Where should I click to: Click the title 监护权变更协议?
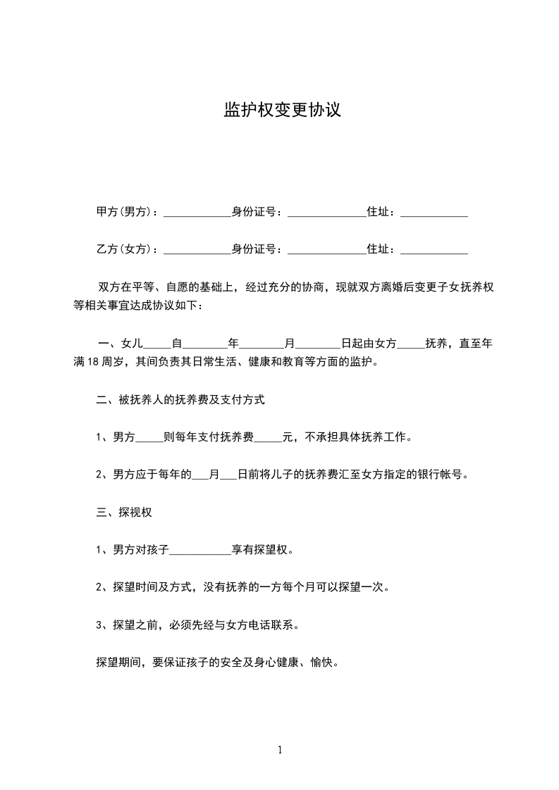(282, 111)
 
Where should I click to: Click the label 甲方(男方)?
(123, 212)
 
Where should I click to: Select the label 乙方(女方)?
(123, 249)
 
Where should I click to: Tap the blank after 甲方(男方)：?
(197, 213)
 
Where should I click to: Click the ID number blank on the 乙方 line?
(327, 251)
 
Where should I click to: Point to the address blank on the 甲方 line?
(434, 213)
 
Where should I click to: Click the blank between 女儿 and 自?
(157, 345)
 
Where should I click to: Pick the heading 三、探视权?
(124, 513)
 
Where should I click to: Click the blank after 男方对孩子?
(201, 551)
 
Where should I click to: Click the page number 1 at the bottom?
(280, 751)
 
